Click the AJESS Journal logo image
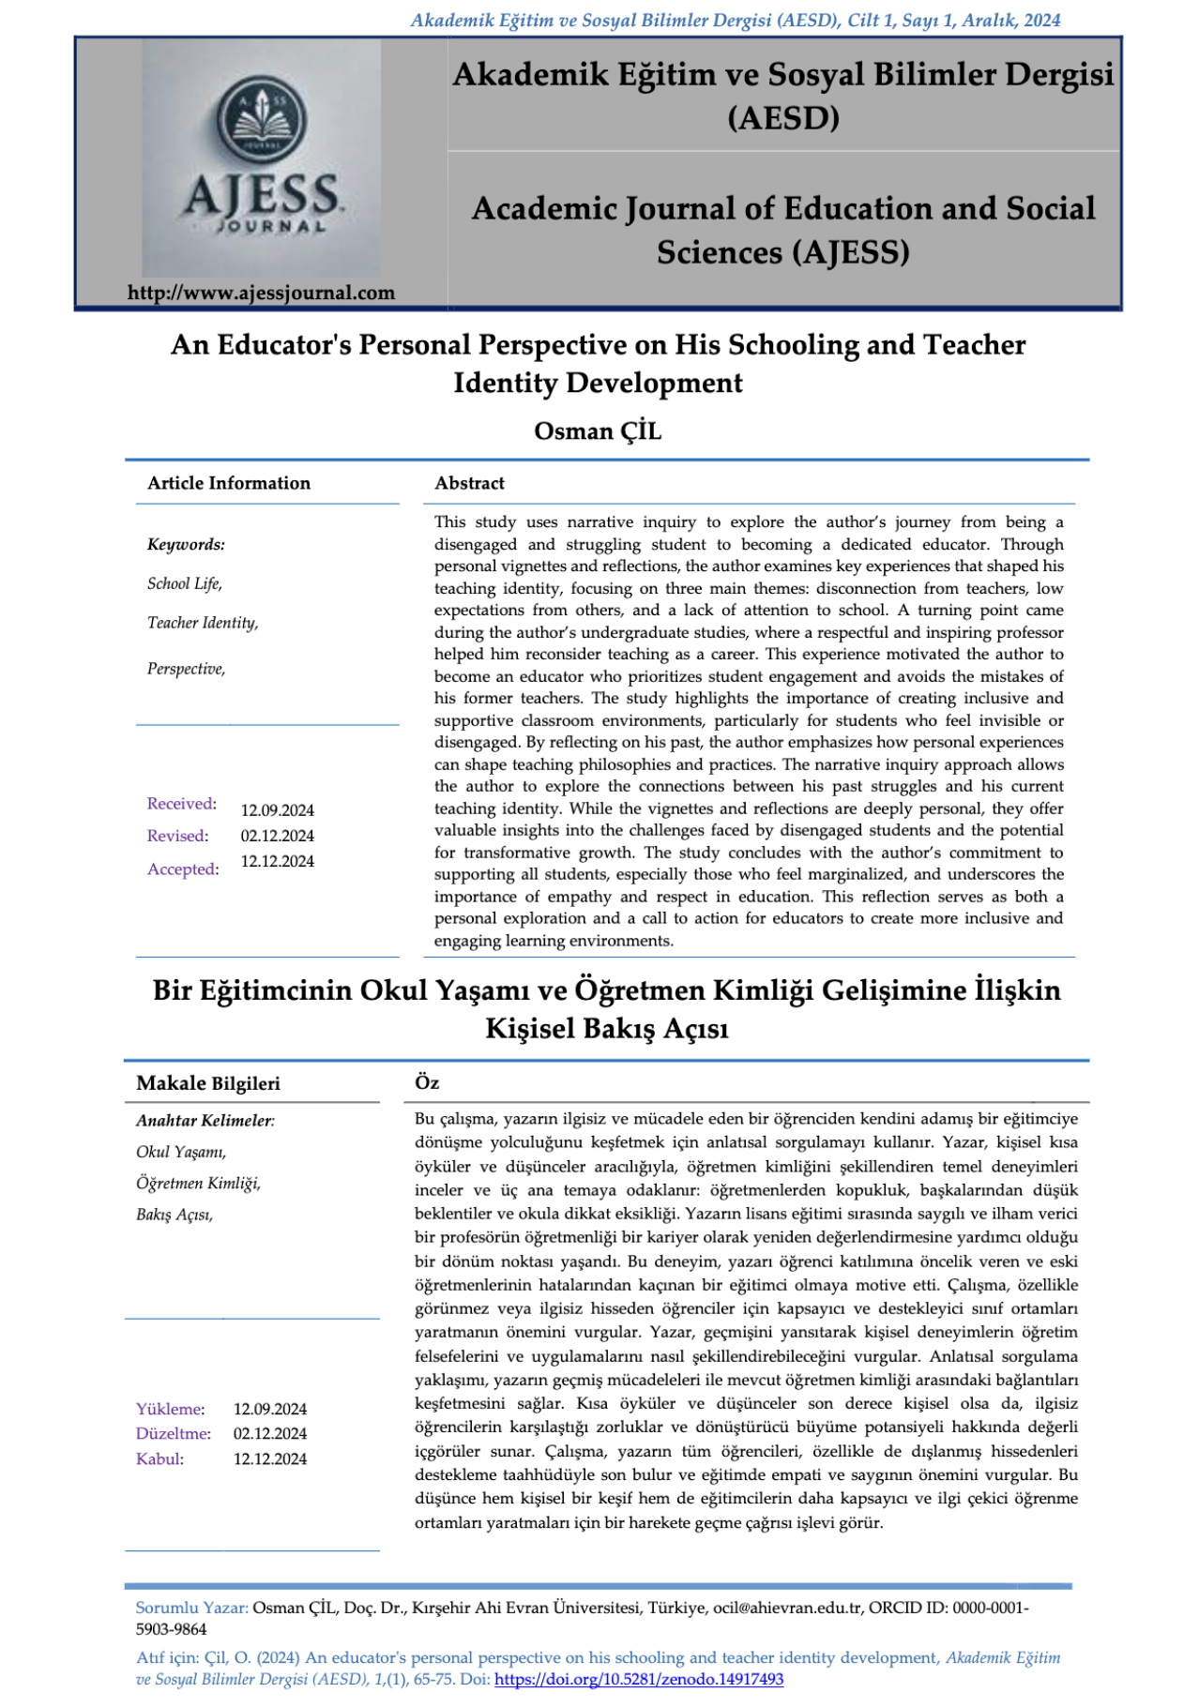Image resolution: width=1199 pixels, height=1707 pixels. click(x=261, y=158)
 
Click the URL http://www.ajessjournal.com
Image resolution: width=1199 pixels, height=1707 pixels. click(x=261, y=293)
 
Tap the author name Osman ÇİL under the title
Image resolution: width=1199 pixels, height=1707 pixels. click(x=598, y=431)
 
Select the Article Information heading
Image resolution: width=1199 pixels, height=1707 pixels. click(x=228, y=483)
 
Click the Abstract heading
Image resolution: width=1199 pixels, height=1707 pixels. click(x=469, y=483)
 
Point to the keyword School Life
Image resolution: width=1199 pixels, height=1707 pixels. click(x=185, y=583)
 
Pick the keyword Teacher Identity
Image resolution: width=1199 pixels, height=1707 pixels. click(x=202, y=623)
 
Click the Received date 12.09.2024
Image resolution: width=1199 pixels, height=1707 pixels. click(x=277, y=810)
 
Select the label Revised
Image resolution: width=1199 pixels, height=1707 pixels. click(x=177, y=836)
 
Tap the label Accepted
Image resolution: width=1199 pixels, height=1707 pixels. click(x=182, y=869)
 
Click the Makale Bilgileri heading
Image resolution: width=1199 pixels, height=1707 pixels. click(x=207, y=1083)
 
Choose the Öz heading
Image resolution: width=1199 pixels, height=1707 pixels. click(x=427, y=1082)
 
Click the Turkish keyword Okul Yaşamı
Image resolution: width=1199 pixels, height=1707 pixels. click(x=180, y=1152)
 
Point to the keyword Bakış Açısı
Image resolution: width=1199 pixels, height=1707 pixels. click(x=174, y=1215)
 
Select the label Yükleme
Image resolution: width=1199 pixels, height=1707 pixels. click(x=169, y=1409)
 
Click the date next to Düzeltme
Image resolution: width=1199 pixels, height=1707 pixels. click(x=269, y=1433)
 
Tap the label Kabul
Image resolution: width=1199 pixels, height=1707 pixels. click(x=159, y=1458)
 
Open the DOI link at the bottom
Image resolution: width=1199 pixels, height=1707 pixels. click(x=638, y=1679)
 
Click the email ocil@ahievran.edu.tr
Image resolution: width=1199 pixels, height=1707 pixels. click(x=787, y=1608)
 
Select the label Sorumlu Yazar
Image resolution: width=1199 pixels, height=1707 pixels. click(x=191, y=1608)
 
